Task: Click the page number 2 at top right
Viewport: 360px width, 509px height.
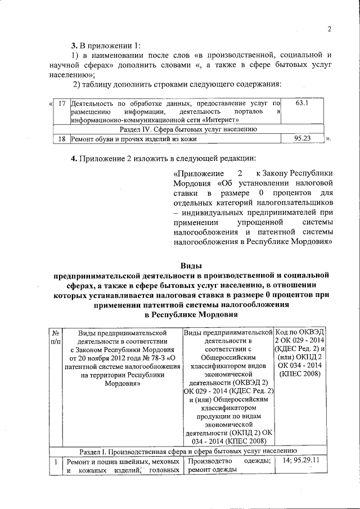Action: (x=330, y=29)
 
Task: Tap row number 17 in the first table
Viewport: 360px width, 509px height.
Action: (x=62, y=103)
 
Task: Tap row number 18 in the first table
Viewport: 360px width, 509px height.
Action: (x=62, y=138)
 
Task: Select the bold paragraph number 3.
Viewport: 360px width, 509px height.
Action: (x=73, y=45)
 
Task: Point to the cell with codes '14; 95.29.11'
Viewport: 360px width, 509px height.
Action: (x=301, y=461)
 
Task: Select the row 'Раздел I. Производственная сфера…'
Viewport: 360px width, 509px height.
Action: (x=188, y=451)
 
